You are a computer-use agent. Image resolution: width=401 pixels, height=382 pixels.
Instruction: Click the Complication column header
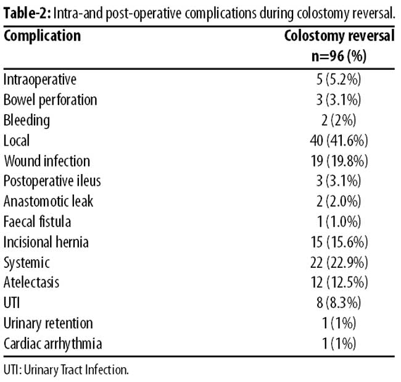(42, 36)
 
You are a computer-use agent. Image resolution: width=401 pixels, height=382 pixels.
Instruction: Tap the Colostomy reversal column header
(339, 36)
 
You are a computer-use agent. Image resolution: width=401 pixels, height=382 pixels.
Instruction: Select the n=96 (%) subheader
(339, 56)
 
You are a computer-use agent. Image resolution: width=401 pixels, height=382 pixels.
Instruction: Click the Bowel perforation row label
(51, 100)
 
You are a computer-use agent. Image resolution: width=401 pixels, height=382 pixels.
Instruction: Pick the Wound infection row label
(47, 161)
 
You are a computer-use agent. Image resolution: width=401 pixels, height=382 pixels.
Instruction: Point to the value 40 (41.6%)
(339, 141)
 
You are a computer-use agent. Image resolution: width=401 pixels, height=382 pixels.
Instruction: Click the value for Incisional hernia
(339, 242)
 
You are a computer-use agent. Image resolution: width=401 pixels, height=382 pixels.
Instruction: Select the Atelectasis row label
(31, 283)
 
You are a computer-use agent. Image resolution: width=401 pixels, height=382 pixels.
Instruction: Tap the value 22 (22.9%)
(339, 262)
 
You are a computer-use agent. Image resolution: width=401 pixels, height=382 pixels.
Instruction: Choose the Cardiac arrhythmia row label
(52, 344)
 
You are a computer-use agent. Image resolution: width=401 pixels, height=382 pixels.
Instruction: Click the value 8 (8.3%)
(339, 302)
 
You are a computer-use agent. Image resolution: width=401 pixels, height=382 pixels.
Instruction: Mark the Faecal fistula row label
(38, 222)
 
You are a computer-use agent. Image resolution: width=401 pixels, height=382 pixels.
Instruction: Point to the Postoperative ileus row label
(52, 181)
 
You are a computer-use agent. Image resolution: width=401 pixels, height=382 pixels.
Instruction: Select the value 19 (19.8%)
(339, 161)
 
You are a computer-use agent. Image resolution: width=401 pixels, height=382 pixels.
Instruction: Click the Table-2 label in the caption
(28, 13)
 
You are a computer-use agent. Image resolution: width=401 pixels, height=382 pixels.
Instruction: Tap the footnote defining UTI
(66, 370)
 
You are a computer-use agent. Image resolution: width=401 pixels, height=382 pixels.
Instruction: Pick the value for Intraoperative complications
(339, 80)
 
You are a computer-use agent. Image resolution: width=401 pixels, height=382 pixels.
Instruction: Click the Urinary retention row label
(48, 323)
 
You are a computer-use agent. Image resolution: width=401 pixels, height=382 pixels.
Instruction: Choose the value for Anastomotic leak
(339, 201)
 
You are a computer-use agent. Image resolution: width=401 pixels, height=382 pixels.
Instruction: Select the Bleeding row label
(27, 120)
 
